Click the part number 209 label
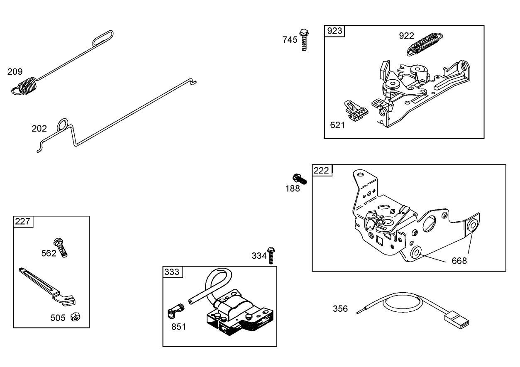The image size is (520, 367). click(x=15, y=71)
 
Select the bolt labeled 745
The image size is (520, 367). click(x=304, y=40)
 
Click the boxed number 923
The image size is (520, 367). click(x=334, y=31)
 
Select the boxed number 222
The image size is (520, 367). click(x=322, y=170)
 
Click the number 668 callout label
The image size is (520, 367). click(x=459, y=261)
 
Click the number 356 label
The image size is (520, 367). click(x=340, y=309)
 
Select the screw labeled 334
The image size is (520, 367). click(x=271, y=255)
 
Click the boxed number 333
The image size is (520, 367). click(x=172, y=272)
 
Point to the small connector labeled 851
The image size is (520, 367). click(x=176, y=310)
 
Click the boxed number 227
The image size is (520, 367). click(x=23, y=221)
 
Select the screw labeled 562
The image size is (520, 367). click(x=61, y=247)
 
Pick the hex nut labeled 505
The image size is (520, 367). click(x=76, y=317)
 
